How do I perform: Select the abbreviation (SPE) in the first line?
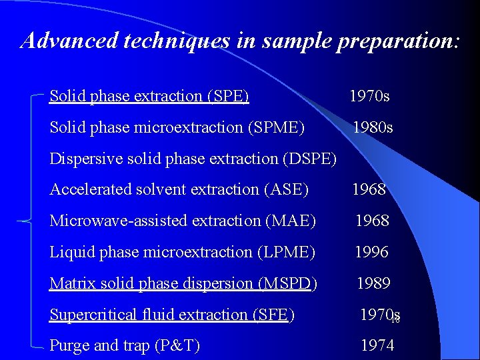[x=229, y=96]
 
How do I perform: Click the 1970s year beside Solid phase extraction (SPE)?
[x=369, y=96]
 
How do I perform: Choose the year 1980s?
[x=373, y=127]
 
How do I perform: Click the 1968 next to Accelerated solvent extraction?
[x=369, y=189]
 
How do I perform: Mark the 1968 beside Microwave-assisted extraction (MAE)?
[x=371, y=221]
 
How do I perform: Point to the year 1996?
[x=371, y=252]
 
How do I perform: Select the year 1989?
[x=373, y=283]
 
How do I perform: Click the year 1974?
[x=377, y=345]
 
